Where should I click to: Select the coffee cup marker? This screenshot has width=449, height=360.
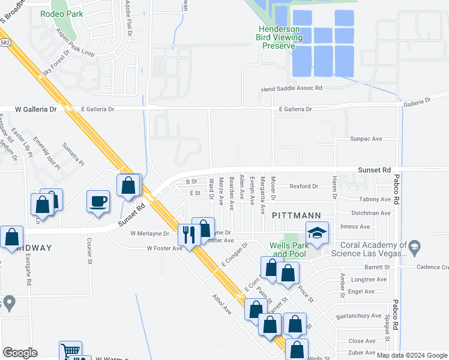point(98,201)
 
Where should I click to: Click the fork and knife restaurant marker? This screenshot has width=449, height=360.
point(190,234)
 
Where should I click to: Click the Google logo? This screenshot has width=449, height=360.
point(20,353)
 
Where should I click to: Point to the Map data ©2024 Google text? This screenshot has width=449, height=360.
point(411,355)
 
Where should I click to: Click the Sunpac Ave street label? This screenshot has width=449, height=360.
point(366,139)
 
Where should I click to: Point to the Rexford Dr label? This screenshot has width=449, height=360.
point(304,187)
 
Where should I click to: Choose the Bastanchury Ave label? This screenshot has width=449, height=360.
point(359,316)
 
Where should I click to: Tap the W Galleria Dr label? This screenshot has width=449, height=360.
point(35,109)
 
